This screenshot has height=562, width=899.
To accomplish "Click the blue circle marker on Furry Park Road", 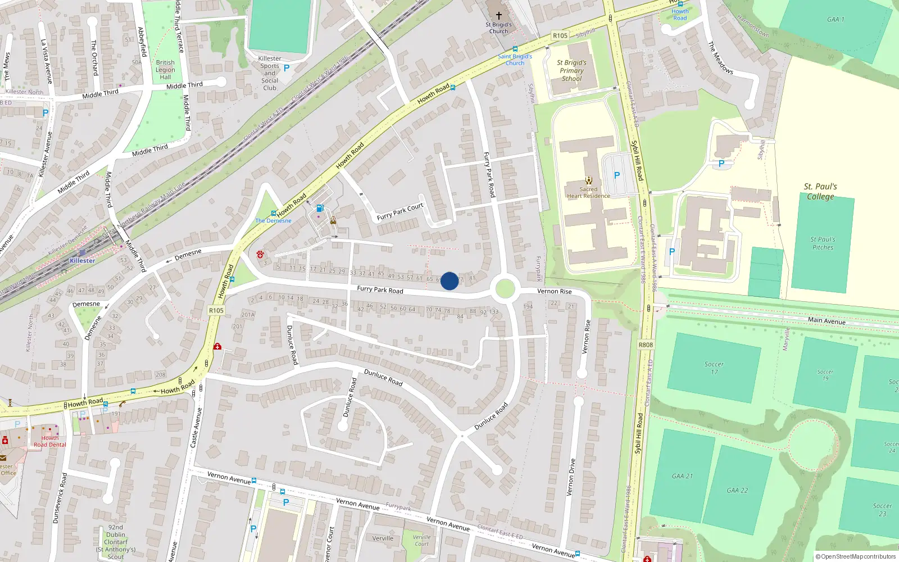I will coord(449,281).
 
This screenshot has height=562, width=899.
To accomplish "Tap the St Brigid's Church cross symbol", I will coord(498,16).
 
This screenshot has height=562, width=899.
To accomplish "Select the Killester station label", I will coord(82,261).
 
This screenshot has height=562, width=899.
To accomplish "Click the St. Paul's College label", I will coord(820,191).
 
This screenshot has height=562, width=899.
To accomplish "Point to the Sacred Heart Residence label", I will coord(588,193).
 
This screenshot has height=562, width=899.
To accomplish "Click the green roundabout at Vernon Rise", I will coord(505,289).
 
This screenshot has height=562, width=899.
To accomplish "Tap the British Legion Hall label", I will coord(165,70).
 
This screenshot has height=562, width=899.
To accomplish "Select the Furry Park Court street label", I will coord(400,212).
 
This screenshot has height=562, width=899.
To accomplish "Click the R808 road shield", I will coord(646,345).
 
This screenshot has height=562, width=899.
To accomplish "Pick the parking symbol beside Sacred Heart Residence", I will coord(616,175).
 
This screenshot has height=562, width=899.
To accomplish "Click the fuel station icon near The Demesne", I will coord(320,209).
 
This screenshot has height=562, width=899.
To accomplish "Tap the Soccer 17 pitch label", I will coord(714,368).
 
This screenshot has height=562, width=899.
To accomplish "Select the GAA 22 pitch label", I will coord(737,490).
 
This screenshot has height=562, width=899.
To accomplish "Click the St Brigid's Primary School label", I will coord(571,70).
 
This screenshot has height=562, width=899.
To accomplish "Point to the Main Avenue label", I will coord(827,321).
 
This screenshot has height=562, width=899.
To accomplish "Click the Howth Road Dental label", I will coord(49,441).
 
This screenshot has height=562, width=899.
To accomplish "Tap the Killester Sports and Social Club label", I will coord(270,73).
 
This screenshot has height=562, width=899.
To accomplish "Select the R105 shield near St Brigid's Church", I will coord(560,35).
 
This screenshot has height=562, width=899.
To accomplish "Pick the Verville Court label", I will coord(421,540).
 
